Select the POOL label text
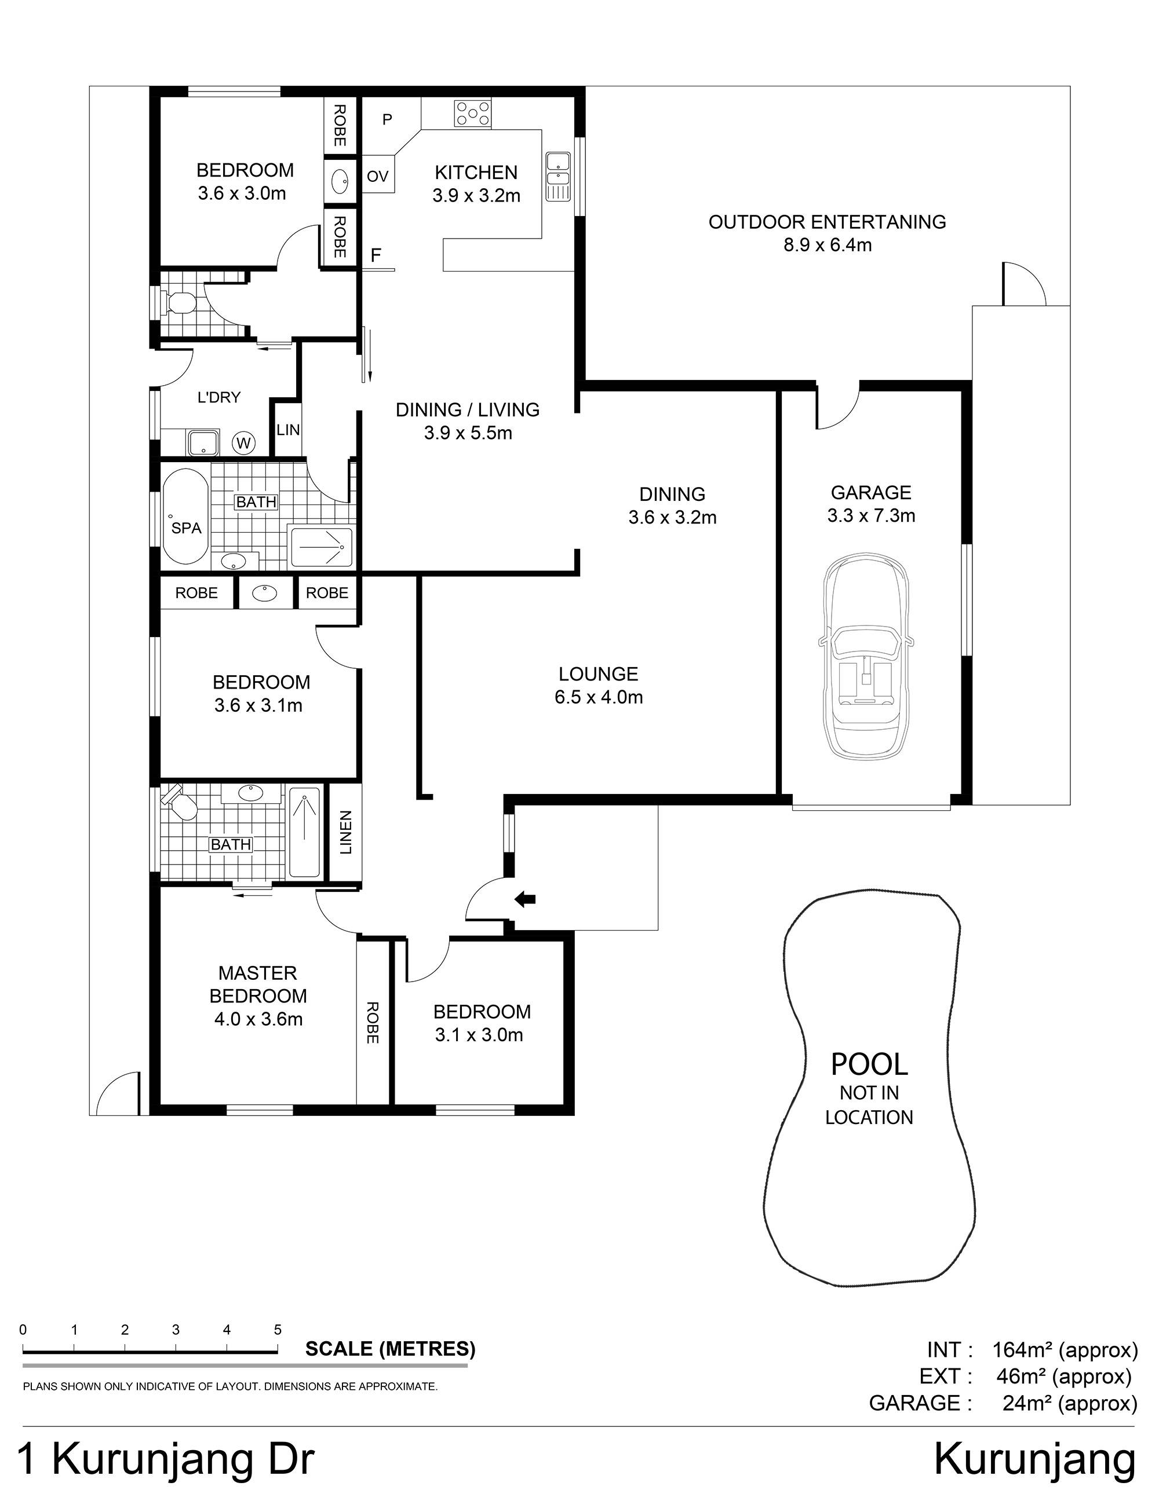pyautogui.click(x=869, y=1064)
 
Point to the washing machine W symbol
pyautogui.click(x=243, y=443)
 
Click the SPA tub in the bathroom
pyautogui.click(x=185, y=517)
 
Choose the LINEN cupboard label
pyautogui.click(x=345, y=832)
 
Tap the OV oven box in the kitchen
pyautogui.click(x=377, y=176)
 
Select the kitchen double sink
pyautogui.click(x=557, y=176)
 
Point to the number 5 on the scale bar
pyautogui.click(x=278, y=1330)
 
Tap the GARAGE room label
pyautogui.click(x=871, y=492)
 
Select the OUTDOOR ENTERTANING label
pyautogui.click(x=827, y=221)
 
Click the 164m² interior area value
pyautogui.click(x=1022, y=1350)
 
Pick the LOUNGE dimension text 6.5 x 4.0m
pyautogui.click(x=599, y=697)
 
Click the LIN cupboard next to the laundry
pyautogui.click(x=288, y=429)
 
